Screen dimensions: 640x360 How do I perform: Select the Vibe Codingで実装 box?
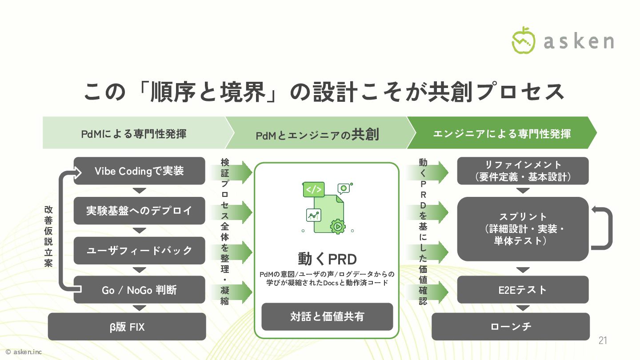[x=139, y=171]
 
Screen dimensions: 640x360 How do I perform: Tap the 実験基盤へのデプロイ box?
[x=139, y=211]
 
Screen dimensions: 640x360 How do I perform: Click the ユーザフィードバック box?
[x=139, y=250]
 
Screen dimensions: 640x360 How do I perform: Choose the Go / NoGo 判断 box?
[x=139, y=290]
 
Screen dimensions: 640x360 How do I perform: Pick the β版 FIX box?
[x=127, y=327]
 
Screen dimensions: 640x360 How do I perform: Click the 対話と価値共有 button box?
[x=327, y=316]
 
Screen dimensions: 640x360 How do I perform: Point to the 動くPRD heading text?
[x=327, y=259]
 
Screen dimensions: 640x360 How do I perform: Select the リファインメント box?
[x=523, y=171]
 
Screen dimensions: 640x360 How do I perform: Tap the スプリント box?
[x=523, y=229]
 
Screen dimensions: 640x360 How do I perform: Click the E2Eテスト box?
[x=523, y=290]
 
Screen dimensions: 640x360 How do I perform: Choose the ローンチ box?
[x=511, y=327]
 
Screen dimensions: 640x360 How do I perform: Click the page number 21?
[x=603, y=341]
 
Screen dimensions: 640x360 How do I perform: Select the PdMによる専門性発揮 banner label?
[x=133, y=133]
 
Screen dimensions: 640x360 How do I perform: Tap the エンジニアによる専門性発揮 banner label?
[x=502, y=133]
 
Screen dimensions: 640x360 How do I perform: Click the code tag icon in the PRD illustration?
[x=313, y=189]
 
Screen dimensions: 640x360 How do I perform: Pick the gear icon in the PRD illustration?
[x=338, y=226]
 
